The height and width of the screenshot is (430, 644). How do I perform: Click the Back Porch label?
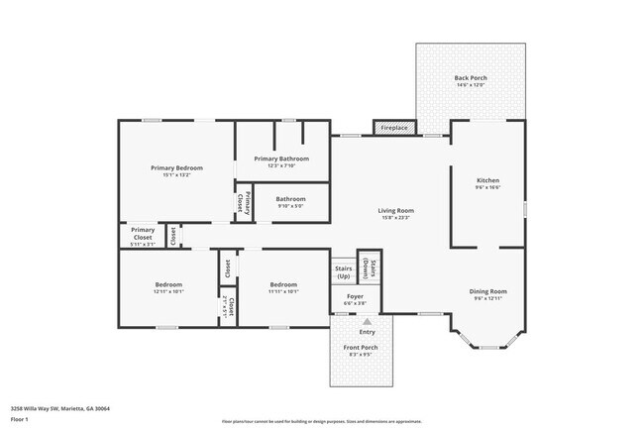469,78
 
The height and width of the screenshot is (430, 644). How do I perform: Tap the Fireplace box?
395,127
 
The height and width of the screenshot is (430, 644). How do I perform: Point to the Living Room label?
395,210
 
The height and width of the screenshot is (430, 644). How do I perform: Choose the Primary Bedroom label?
176,168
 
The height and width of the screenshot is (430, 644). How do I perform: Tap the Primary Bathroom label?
281,159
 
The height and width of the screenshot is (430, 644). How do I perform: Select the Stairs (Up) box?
344,271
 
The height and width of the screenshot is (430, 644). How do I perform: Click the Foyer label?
355,296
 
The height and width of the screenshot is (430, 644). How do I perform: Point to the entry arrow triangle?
368,322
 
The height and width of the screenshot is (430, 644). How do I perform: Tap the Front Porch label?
361,347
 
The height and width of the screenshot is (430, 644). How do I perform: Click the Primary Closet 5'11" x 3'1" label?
143,235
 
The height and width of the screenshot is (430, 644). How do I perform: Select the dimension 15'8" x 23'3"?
395,218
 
